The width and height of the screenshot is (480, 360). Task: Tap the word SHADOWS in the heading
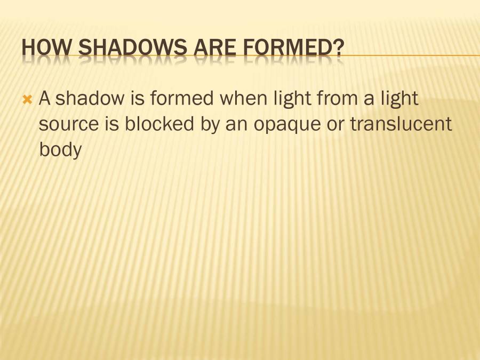[x=130, y=49]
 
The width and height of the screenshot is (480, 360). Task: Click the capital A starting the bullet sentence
[x=45, y=99]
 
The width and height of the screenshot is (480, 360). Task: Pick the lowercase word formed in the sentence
[x=185, y=99]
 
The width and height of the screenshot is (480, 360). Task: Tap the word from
[x=338, y=99]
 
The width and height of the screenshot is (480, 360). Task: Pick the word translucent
[x=401, y=124]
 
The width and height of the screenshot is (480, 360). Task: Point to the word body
[x=60, y=150]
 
